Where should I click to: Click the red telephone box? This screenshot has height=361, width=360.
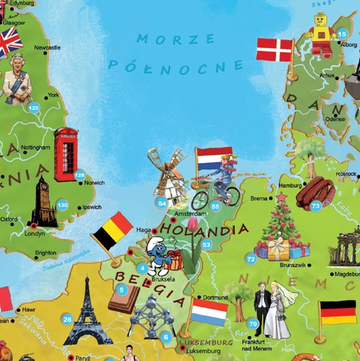(x=65, y=155)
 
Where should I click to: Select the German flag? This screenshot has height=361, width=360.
(x=337, y=312)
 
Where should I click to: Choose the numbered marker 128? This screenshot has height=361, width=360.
(x=79, y=175)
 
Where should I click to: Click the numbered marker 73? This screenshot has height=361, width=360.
(x=316, y=206)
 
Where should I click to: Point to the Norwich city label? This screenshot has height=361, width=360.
(x=95, y=183)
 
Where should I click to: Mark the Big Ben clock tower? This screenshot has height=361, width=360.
(x=42, y=202)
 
